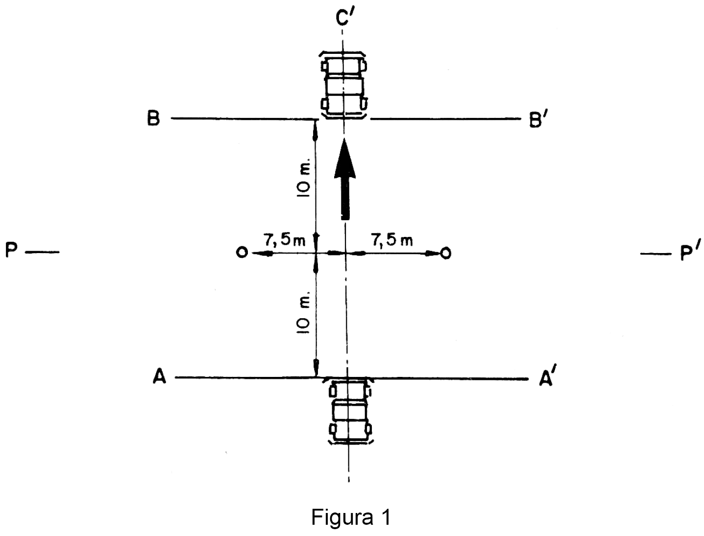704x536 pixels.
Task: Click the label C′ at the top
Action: click(x=346, y=18)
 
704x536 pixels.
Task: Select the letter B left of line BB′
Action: click(x=153, y=119)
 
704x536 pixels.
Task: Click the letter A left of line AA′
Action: click(x=159, y=377)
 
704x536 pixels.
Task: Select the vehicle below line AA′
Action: click(x=349, y=410)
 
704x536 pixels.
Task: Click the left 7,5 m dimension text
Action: click(x=284, y=240)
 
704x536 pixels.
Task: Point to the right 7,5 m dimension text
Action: click(x=391, y=240)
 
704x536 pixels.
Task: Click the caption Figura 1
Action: click(x=351, y=517)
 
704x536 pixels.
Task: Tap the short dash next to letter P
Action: click(x=42, y=252)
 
